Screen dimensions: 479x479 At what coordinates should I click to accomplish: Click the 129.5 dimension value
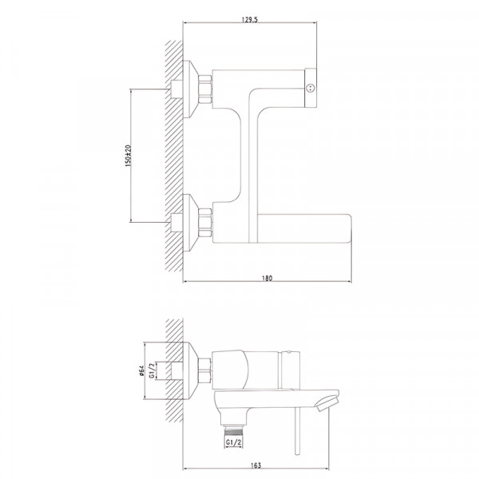[x=250, y=19]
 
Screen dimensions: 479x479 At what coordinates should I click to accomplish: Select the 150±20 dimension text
[x=128, y=156]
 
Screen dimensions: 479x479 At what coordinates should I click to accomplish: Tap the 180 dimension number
[x=267, y=279]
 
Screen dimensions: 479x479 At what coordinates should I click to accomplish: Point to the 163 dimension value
[x=256, y=465]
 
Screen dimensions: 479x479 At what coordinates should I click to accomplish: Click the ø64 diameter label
[x=141, y=370]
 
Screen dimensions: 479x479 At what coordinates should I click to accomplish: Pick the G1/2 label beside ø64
[x=152, y=370]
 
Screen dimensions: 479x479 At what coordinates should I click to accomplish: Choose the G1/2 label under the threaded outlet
[x=234, y=442]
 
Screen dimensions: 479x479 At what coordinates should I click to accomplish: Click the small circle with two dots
[x=311, y=89]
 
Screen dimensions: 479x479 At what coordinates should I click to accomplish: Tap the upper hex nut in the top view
[x=205, y=89]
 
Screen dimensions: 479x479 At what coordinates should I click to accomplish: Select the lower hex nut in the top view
[x=205, y=223]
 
